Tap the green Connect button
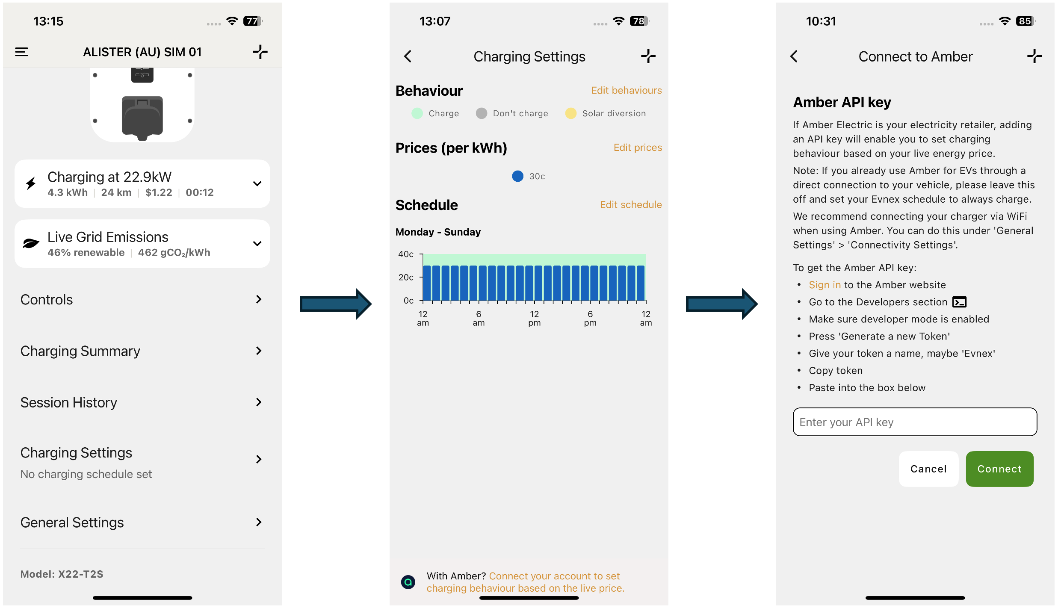click(999, 469)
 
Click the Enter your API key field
click(915, 422)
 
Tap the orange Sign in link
click(825, 285)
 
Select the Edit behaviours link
click(627, 90)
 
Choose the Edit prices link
click(638, 148)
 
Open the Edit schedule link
click(631, 205)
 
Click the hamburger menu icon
click(21, 52)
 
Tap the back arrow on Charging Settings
click(408, 56)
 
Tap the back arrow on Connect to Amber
click(794, 56)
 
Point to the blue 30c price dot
click(517, 176)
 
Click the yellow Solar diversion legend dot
click(570, 113)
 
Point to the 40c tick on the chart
click(421, 254)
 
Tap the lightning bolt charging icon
click(31, 183)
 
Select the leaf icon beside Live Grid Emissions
click(31, 243)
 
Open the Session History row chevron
click(259, 402)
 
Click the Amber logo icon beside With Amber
click(408, 582)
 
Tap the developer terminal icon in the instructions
click(960, 302)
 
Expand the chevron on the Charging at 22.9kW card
click(257, 184)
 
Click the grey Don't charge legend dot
click(482, 113)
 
